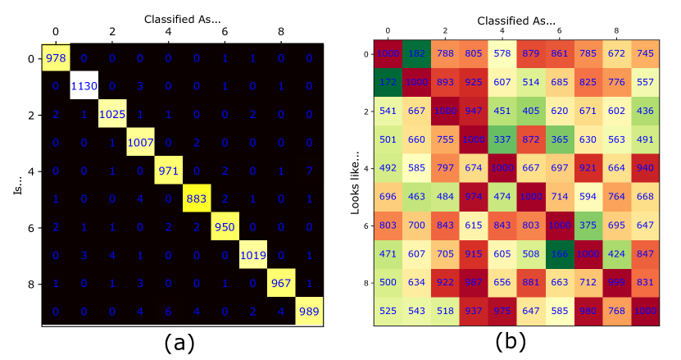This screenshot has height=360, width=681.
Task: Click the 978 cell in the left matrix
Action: pos(56,59)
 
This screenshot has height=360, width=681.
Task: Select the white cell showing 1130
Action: pos(84,87)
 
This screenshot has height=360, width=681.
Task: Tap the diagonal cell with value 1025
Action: pos(112,116)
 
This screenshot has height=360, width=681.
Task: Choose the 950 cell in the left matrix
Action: pos(225,228)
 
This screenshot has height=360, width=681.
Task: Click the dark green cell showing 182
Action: pos(417,54)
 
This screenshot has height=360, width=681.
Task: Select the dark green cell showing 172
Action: pos(388,83)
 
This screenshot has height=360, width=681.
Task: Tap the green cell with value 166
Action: pos(559,254)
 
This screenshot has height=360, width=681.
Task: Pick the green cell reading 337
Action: pos(502,140)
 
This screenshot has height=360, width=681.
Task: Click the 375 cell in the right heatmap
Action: pos(588,226)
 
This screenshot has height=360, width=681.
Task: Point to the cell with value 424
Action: pos(616,254)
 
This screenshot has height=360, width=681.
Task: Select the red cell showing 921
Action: pos(588,169)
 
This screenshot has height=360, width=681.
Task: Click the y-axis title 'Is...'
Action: pos(18,186)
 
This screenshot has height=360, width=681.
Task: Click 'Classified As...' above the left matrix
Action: pos(183,18)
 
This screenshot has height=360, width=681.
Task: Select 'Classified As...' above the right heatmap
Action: pos(515,20)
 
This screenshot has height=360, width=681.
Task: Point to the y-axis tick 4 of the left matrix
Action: pos(30,172)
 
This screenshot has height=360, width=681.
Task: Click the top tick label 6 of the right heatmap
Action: pos(559,31)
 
